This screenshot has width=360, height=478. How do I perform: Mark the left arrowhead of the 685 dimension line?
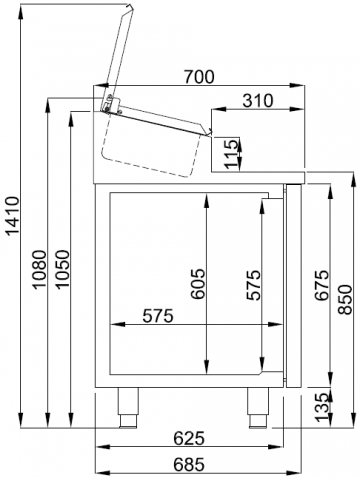click(x=98, y=472)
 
